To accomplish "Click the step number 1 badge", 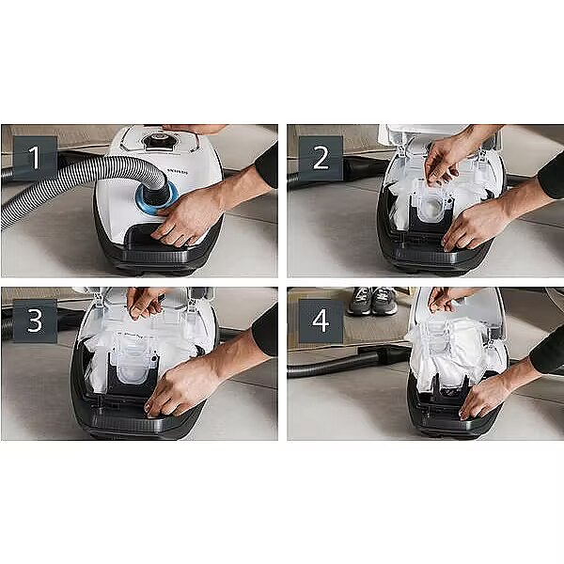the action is coord(35,157).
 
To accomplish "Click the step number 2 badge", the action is coord(321,158).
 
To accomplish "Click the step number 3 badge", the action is coord(35,321).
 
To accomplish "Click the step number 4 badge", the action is coord(321,321).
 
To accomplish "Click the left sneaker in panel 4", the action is coord(360,301).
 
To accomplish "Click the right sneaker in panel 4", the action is coord(384,301).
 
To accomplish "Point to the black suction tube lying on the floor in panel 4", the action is coord(349,362).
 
